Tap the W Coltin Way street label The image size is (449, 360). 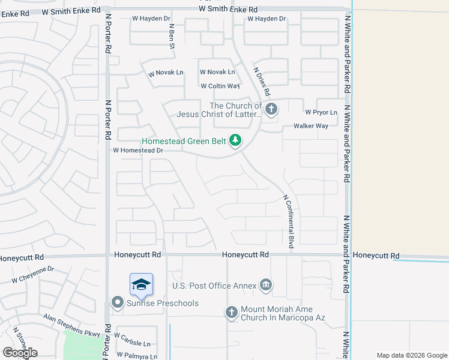coord(220,86)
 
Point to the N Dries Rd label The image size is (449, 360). coord(262,82)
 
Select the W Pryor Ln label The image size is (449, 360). coord(321,112)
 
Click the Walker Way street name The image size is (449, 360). coord(310,126)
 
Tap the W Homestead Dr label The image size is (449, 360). coord(138,151)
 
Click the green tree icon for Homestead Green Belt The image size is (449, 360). coord(236,140)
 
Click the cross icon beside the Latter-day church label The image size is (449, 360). coord(271,109)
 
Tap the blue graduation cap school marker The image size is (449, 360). coord(141,284)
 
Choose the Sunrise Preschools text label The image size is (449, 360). coord(162,303)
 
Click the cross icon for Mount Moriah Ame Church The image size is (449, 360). coord(232,312)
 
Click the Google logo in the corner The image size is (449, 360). coord(20,353)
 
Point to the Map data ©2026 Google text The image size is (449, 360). coord(412,355)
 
